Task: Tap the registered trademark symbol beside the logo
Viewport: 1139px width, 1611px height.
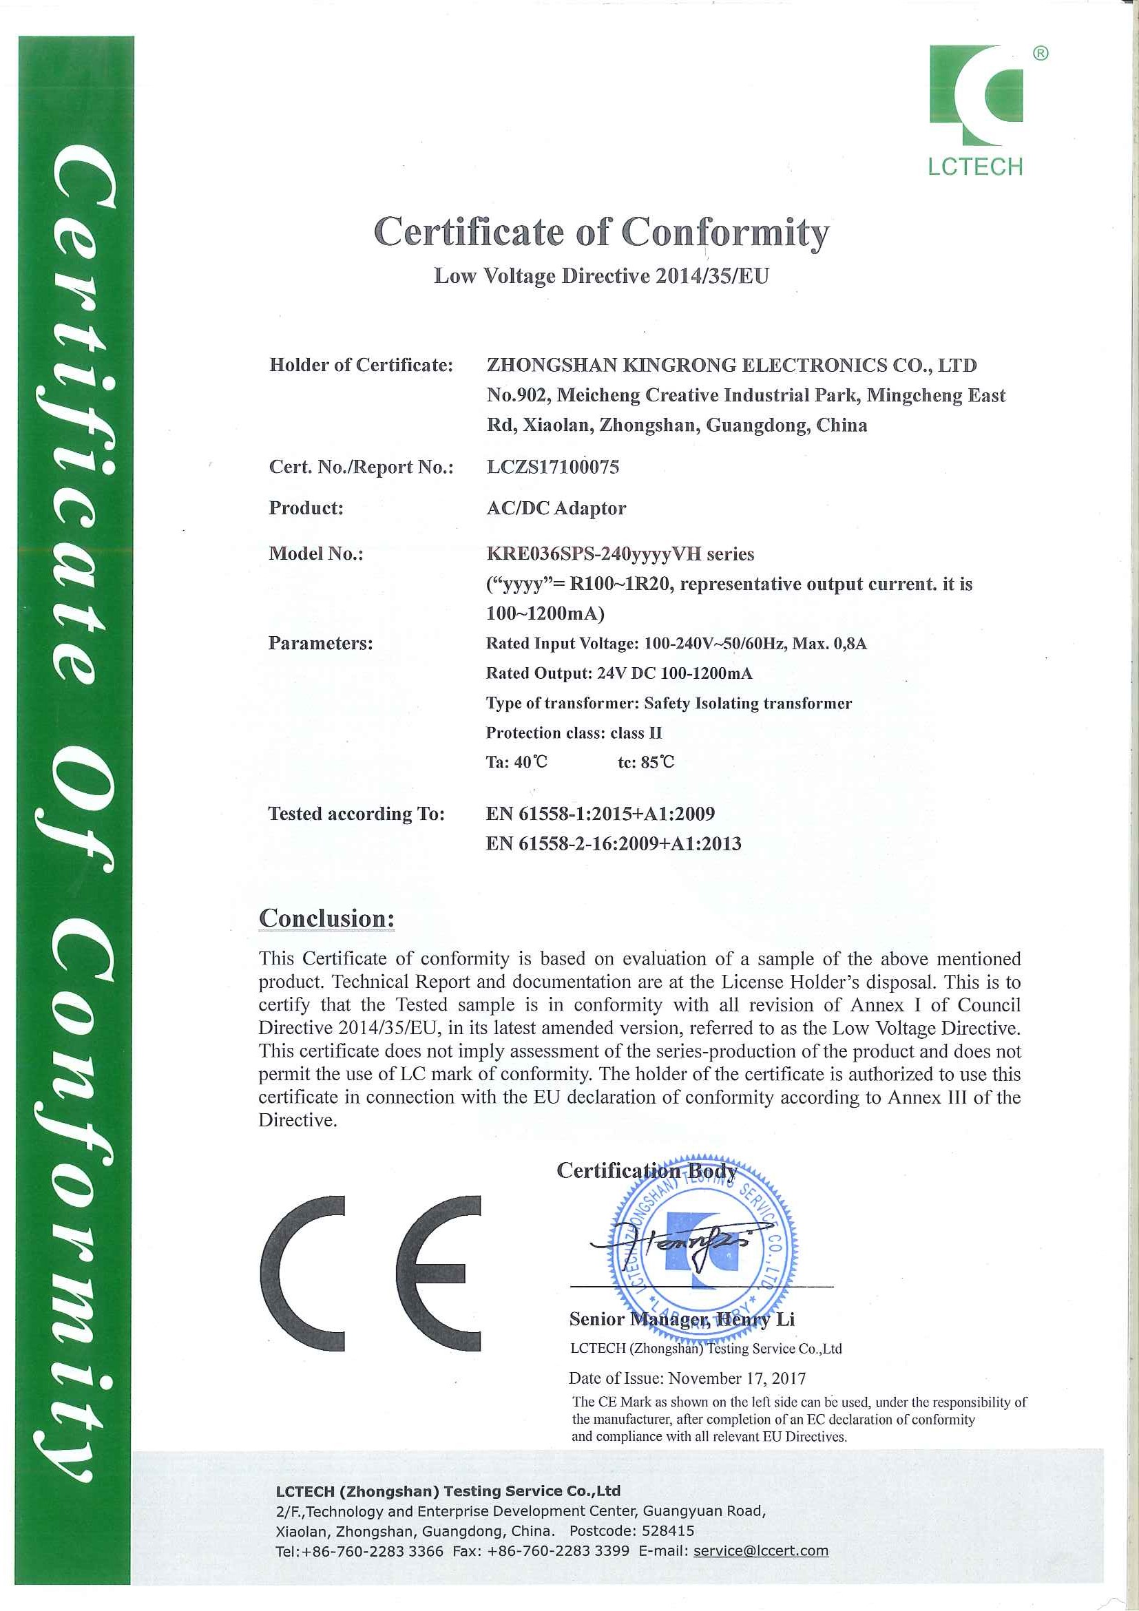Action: tap(1041, 53)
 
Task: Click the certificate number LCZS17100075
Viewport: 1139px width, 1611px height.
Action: tap(552, 467)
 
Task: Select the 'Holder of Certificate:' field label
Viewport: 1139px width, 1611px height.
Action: tap(361, 365)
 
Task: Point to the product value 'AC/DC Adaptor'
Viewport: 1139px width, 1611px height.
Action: tap(556, 508)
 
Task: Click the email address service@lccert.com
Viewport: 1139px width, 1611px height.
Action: tap(761, 1550)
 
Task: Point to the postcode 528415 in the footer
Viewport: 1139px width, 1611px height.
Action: tap(666, 1530)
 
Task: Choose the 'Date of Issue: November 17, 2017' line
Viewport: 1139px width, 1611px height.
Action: tap(687, 1378)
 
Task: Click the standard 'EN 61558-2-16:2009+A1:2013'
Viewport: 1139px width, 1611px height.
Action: tap(614, 843)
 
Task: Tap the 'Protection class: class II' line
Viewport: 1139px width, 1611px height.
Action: tap(574, 733)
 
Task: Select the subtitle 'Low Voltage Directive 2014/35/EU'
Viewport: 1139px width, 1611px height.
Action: tap(601, 276)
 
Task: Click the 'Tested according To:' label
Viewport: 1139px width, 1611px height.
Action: tap(357, 814)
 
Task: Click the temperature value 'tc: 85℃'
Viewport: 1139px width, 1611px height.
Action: tap(646, 762)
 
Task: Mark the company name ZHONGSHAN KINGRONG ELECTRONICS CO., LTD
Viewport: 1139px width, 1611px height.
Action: tap(731, 365)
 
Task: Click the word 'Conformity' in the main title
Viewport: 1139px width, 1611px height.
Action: tap(725, 232)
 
